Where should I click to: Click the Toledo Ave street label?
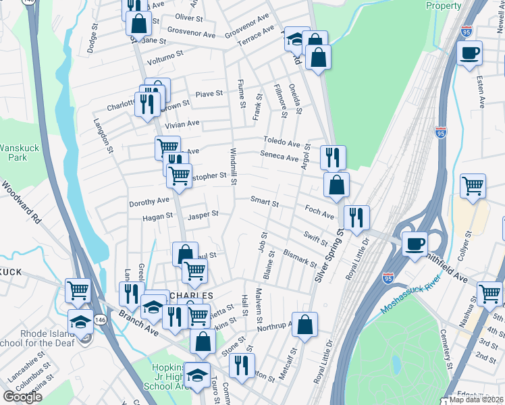point(281,143)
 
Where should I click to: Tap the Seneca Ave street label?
point(279,158)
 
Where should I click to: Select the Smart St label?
point(264,200)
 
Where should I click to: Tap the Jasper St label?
point(203,215)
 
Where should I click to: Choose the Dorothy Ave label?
point(149,201)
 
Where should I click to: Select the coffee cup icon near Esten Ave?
point(469,53)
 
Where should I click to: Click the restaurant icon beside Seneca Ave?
point(333,158)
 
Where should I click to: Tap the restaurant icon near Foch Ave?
point(356,217)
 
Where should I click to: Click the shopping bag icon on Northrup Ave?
point(305,324)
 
